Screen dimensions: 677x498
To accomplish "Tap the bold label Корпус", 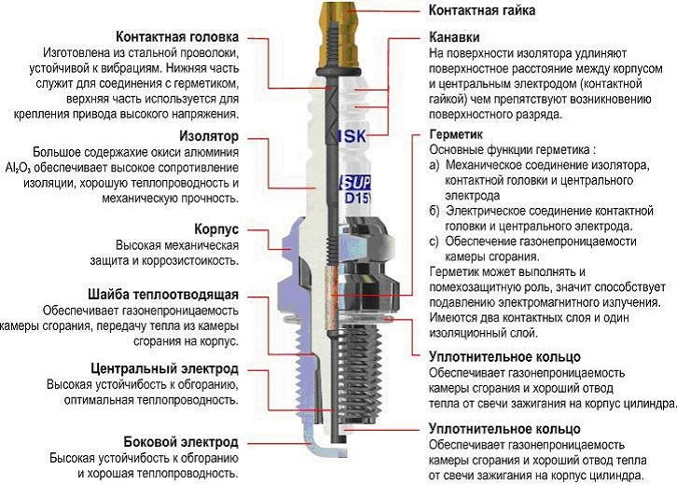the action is tap(216, 228).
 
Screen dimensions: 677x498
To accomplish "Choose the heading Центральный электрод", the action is tap(165, 369).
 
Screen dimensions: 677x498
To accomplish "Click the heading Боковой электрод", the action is tap(181, 442).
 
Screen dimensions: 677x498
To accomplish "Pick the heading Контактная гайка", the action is tap(481, 10).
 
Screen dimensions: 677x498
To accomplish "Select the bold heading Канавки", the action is tap(454, 38).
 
